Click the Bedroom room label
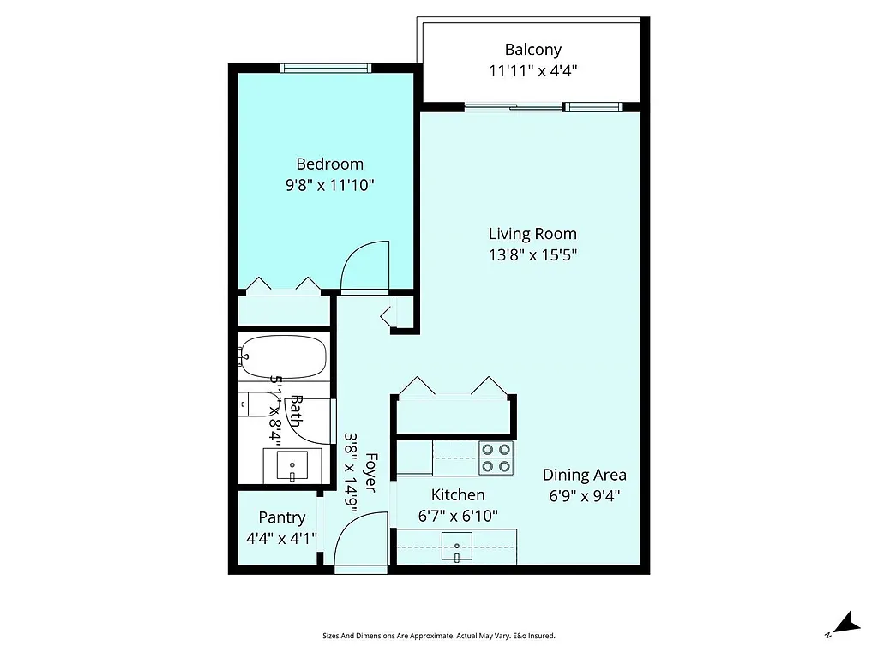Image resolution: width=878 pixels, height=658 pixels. (329, 164)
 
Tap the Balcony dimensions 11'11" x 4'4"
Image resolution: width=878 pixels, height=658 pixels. (532, 71)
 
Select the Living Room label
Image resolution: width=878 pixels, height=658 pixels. (532, 233)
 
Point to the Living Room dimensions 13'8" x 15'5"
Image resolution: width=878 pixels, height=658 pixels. (532, 254)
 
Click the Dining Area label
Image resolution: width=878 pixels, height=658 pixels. (584, 475)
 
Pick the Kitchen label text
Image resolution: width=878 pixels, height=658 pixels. (457, 494)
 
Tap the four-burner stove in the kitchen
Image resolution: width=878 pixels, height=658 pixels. (496, 458)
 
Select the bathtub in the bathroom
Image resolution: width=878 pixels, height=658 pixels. (284, 356)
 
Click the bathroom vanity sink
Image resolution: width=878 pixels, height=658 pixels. (292, 467)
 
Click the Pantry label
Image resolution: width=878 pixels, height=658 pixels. (281, 517)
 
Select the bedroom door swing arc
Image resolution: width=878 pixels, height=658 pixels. (364, 266)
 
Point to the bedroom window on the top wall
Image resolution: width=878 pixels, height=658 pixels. (326, 68)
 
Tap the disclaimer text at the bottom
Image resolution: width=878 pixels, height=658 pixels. (438, 636)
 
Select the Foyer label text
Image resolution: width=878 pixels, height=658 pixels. (371, 472)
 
